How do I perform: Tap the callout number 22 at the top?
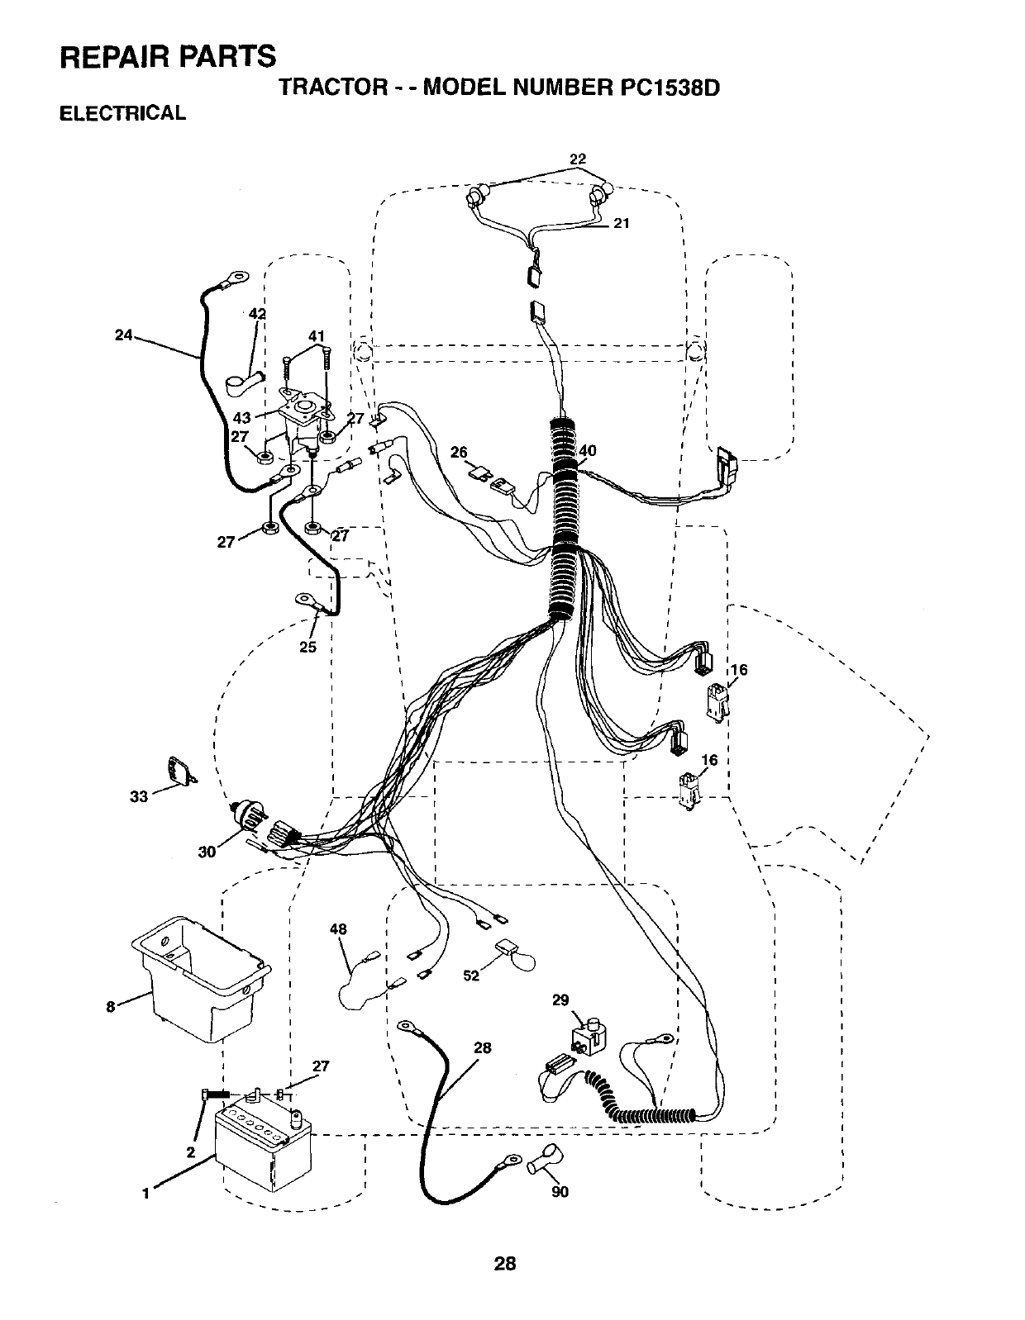(x=578, y=158)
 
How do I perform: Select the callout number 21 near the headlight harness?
(x=622, y=222)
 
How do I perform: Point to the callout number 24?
(x=124, y=335)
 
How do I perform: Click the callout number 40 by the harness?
(x=588, y=450)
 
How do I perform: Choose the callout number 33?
(x=139, y=796)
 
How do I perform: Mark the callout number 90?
(x=560, y=1191)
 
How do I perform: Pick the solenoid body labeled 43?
(x=303, y=421)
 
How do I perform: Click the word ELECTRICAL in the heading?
(x=122, y=113)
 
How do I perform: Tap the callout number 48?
(x=337, y=928)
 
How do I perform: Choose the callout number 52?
(x=471, y=976)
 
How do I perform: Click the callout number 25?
(x=307, y=647)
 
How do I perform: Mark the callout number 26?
(x=460, y=452)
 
